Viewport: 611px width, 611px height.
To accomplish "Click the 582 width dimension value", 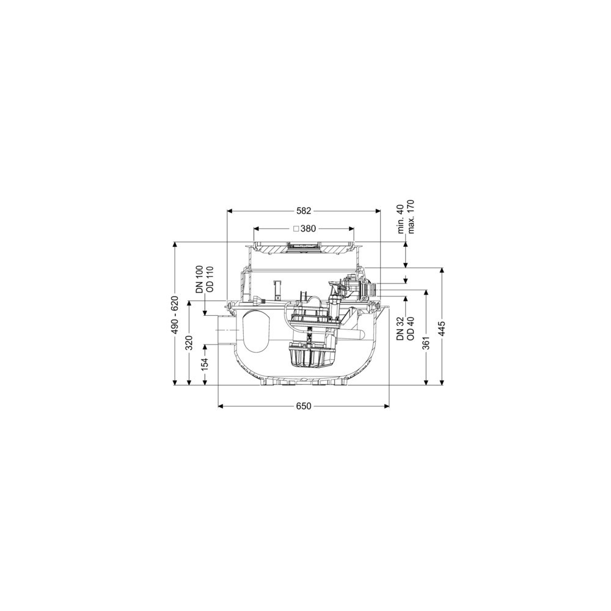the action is [x=304, y=211].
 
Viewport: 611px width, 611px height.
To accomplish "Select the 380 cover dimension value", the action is [x=308, y=229].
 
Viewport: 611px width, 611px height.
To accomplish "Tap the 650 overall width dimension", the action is [x=304, y=406].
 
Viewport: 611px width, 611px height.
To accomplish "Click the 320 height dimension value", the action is [x=189, y=343].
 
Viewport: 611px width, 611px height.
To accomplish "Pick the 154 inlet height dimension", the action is [x=205, y=364].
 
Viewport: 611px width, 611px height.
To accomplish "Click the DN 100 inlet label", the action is [x=199, y=279].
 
